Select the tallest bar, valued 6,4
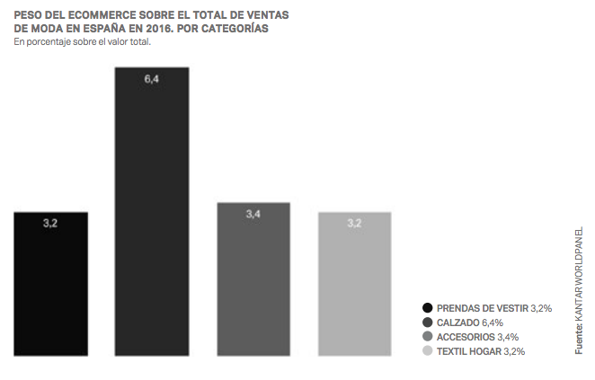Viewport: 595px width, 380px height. pyautogui.click(x=152, y=212)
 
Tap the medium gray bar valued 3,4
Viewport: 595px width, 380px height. pyautogui.click(x=253, y=279)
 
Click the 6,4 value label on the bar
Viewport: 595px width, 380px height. pyautogui.click(x=152, y=80)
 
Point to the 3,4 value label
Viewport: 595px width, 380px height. pyautogui.click(x=253, y=215)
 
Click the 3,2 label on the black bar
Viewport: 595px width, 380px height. pyautogui.click(x=50, y=223)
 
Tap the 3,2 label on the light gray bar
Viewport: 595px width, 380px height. pyautogui.click(x=354, y=223)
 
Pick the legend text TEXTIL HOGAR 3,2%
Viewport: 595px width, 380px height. pyautogui.click(x=480, y=350)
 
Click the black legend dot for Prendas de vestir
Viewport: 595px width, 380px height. pyautogui.click(x=427, y=308)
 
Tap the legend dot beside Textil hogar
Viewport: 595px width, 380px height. pyautogui.click(x=427, y=350)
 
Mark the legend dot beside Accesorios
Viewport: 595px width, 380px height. pyautogui.click(x=427, y=336)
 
